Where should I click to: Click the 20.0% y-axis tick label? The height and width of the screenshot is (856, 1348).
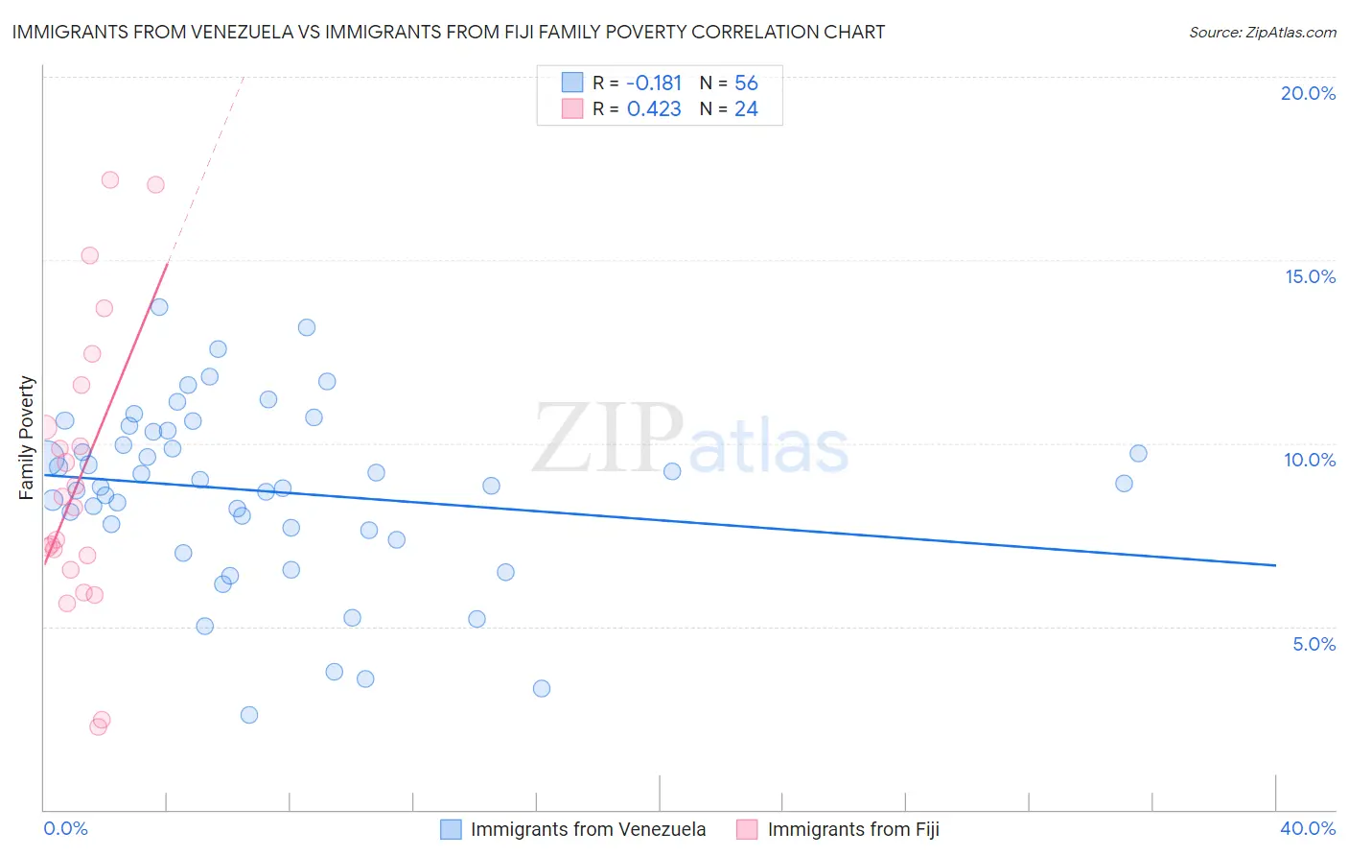pyautogui.click(x=1308, y=93)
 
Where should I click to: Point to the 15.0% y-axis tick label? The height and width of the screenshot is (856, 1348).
pyautogui.click(x=1310, y=276)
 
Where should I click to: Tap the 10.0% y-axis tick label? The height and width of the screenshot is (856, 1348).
pyautogui.click(x=1310, y=460)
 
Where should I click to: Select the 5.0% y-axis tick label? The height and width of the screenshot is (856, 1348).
pyautogui.click(x=1313, y=644)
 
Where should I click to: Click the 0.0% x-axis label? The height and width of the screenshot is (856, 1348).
pyautogui.click(x=65, y=828)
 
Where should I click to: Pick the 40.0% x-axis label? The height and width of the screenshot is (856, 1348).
pyautogui.click(x=1307, y=828)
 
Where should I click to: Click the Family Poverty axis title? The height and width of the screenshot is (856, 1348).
pyautogui.click(x=27, y=438)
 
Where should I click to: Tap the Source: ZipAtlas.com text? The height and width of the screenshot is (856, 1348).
pyautogui.click(x=1262, y=32)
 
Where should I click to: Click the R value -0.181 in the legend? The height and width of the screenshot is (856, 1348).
pyautogui.click(x=654, y=83)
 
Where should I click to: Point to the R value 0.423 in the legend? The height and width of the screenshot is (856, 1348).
pyautogui.click(x=654, y=109)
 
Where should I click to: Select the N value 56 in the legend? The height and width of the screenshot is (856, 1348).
pyautogui.click(x=746, y=83)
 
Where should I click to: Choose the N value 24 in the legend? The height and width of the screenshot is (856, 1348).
pyautogui.click(x=746, y=109)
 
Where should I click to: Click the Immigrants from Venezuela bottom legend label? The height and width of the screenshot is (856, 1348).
pyautogui.click(x=588, y=829)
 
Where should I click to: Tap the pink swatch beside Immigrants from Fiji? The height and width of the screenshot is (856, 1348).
pyautogui.click(x=747, y=829)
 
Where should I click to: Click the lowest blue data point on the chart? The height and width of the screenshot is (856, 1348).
pyautogui.click(x=249, y=715)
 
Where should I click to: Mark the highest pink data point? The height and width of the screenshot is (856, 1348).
pyautogui.click(x=110, y=179)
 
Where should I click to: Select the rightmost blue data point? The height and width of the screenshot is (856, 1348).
pyautogui.click(x=1138, y=453)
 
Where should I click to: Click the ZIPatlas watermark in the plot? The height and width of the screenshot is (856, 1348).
pyautogui.click(x=690, y=440)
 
